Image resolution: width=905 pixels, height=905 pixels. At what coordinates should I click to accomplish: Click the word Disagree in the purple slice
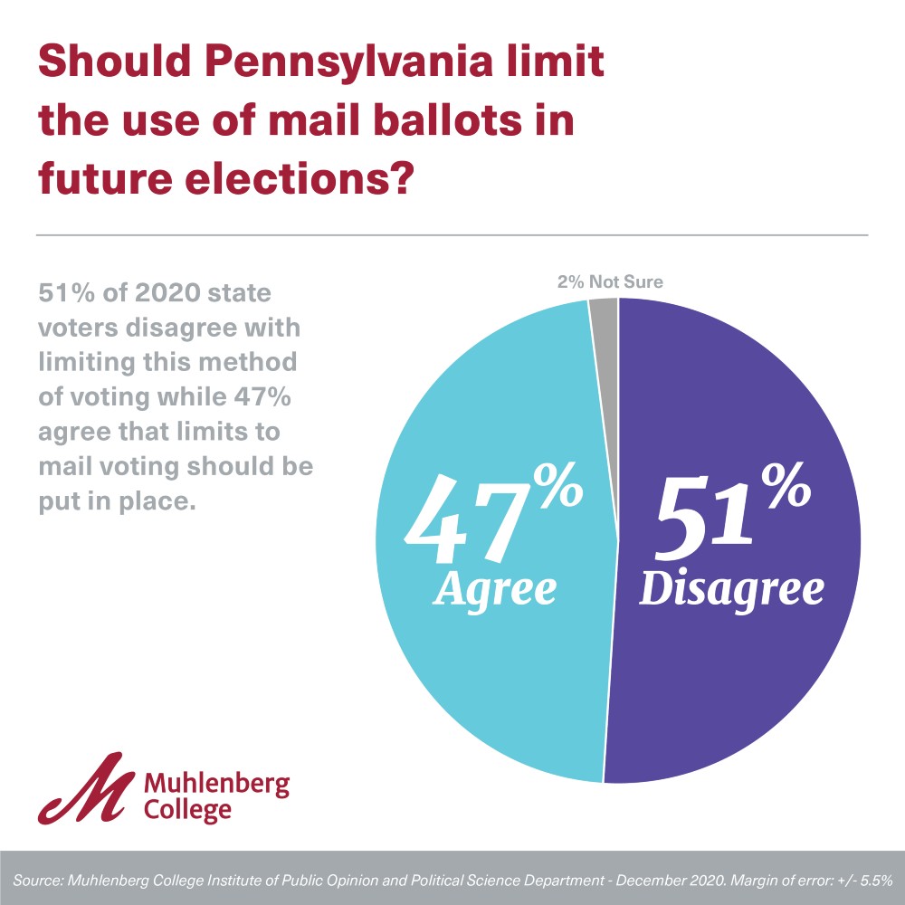tap(732, 589)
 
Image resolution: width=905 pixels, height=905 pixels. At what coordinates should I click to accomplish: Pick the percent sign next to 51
tap(786, 488)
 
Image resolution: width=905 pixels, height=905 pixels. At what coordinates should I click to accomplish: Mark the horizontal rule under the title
tap(452, 235)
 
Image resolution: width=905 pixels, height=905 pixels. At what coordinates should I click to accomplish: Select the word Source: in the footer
tap(38, 879)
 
